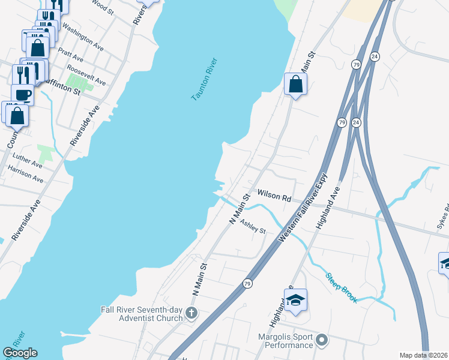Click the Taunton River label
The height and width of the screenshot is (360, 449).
[204, 79]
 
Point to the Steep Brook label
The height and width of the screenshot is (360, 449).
[342, 288]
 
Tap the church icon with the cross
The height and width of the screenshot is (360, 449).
[191, 313]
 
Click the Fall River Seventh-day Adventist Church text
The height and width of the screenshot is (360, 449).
[142, 314]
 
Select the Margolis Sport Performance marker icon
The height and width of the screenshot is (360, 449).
[322, 341]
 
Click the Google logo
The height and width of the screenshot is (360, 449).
[20, 353]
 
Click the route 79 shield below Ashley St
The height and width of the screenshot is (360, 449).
[247, 283]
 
